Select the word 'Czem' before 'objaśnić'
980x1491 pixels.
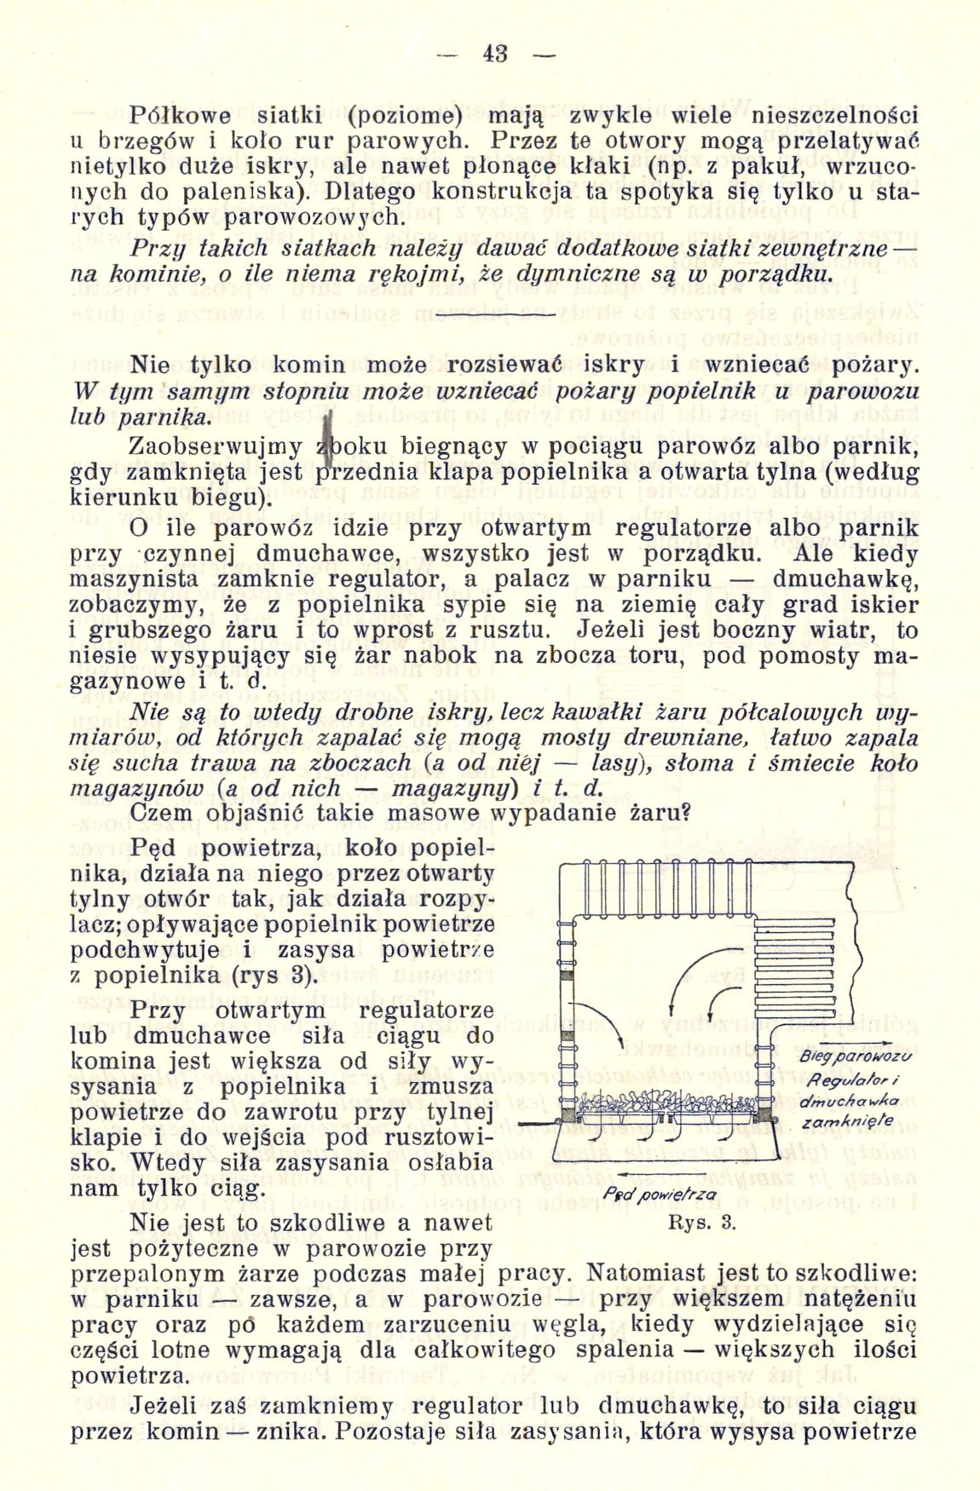click(x=161, y=813)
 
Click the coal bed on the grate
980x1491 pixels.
click(x=665, y=1102)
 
